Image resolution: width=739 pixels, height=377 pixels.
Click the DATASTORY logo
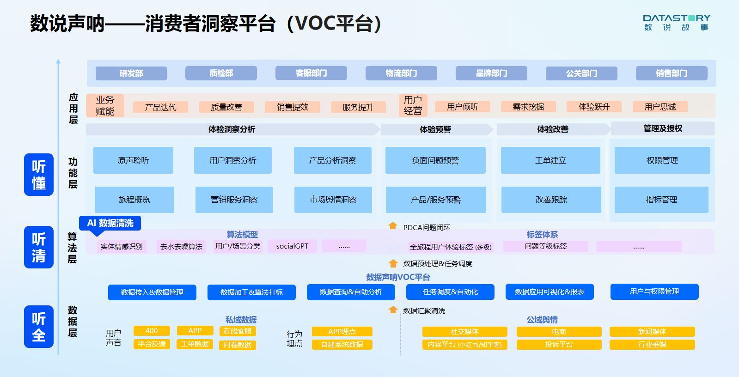(x=676, y=22)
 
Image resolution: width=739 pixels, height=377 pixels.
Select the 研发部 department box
(x=131, y=73)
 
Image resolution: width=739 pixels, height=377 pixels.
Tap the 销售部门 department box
(x=672, y=73)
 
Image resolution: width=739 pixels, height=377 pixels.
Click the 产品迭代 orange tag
(x=160, y=107)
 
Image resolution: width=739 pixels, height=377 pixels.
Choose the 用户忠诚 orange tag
(x=660, y=107)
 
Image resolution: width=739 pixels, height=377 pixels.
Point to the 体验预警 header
(x=435, y=129)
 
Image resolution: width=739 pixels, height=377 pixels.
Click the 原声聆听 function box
(x=133, y=160)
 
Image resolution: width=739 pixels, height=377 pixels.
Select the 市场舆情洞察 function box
(x=333, y=200)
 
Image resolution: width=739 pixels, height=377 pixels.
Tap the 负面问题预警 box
(x=435, y=160)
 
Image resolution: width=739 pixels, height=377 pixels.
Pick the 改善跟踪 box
(x=551, y=200)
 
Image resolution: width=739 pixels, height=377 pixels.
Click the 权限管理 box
(x=662, y=160)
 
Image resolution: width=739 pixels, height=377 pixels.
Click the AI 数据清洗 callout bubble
(x=110, y=223)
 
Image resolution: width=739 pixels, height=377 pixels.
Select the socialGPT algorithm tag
(x=292, y=246)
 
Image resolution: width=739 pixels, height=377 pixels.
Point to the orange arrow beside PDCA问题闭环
(x=393, y=226)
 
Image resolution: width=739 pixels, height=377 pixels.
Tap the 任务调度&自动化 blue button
(x=450, y=292)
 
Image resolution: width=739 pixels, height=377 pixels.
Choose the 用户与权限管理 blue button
(x=654, y=292)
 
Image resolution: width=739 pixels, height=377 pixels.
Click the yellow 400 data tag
(x=151, y=331)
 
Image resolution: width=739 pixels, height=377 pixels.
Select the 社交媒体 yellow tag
(x=464, y=332)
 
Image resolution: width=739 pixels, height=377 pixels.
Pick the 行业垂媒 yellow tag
(x=652, y=345)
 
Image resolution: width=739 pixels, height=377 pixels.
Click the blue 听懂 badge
(x=39, y=175)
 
